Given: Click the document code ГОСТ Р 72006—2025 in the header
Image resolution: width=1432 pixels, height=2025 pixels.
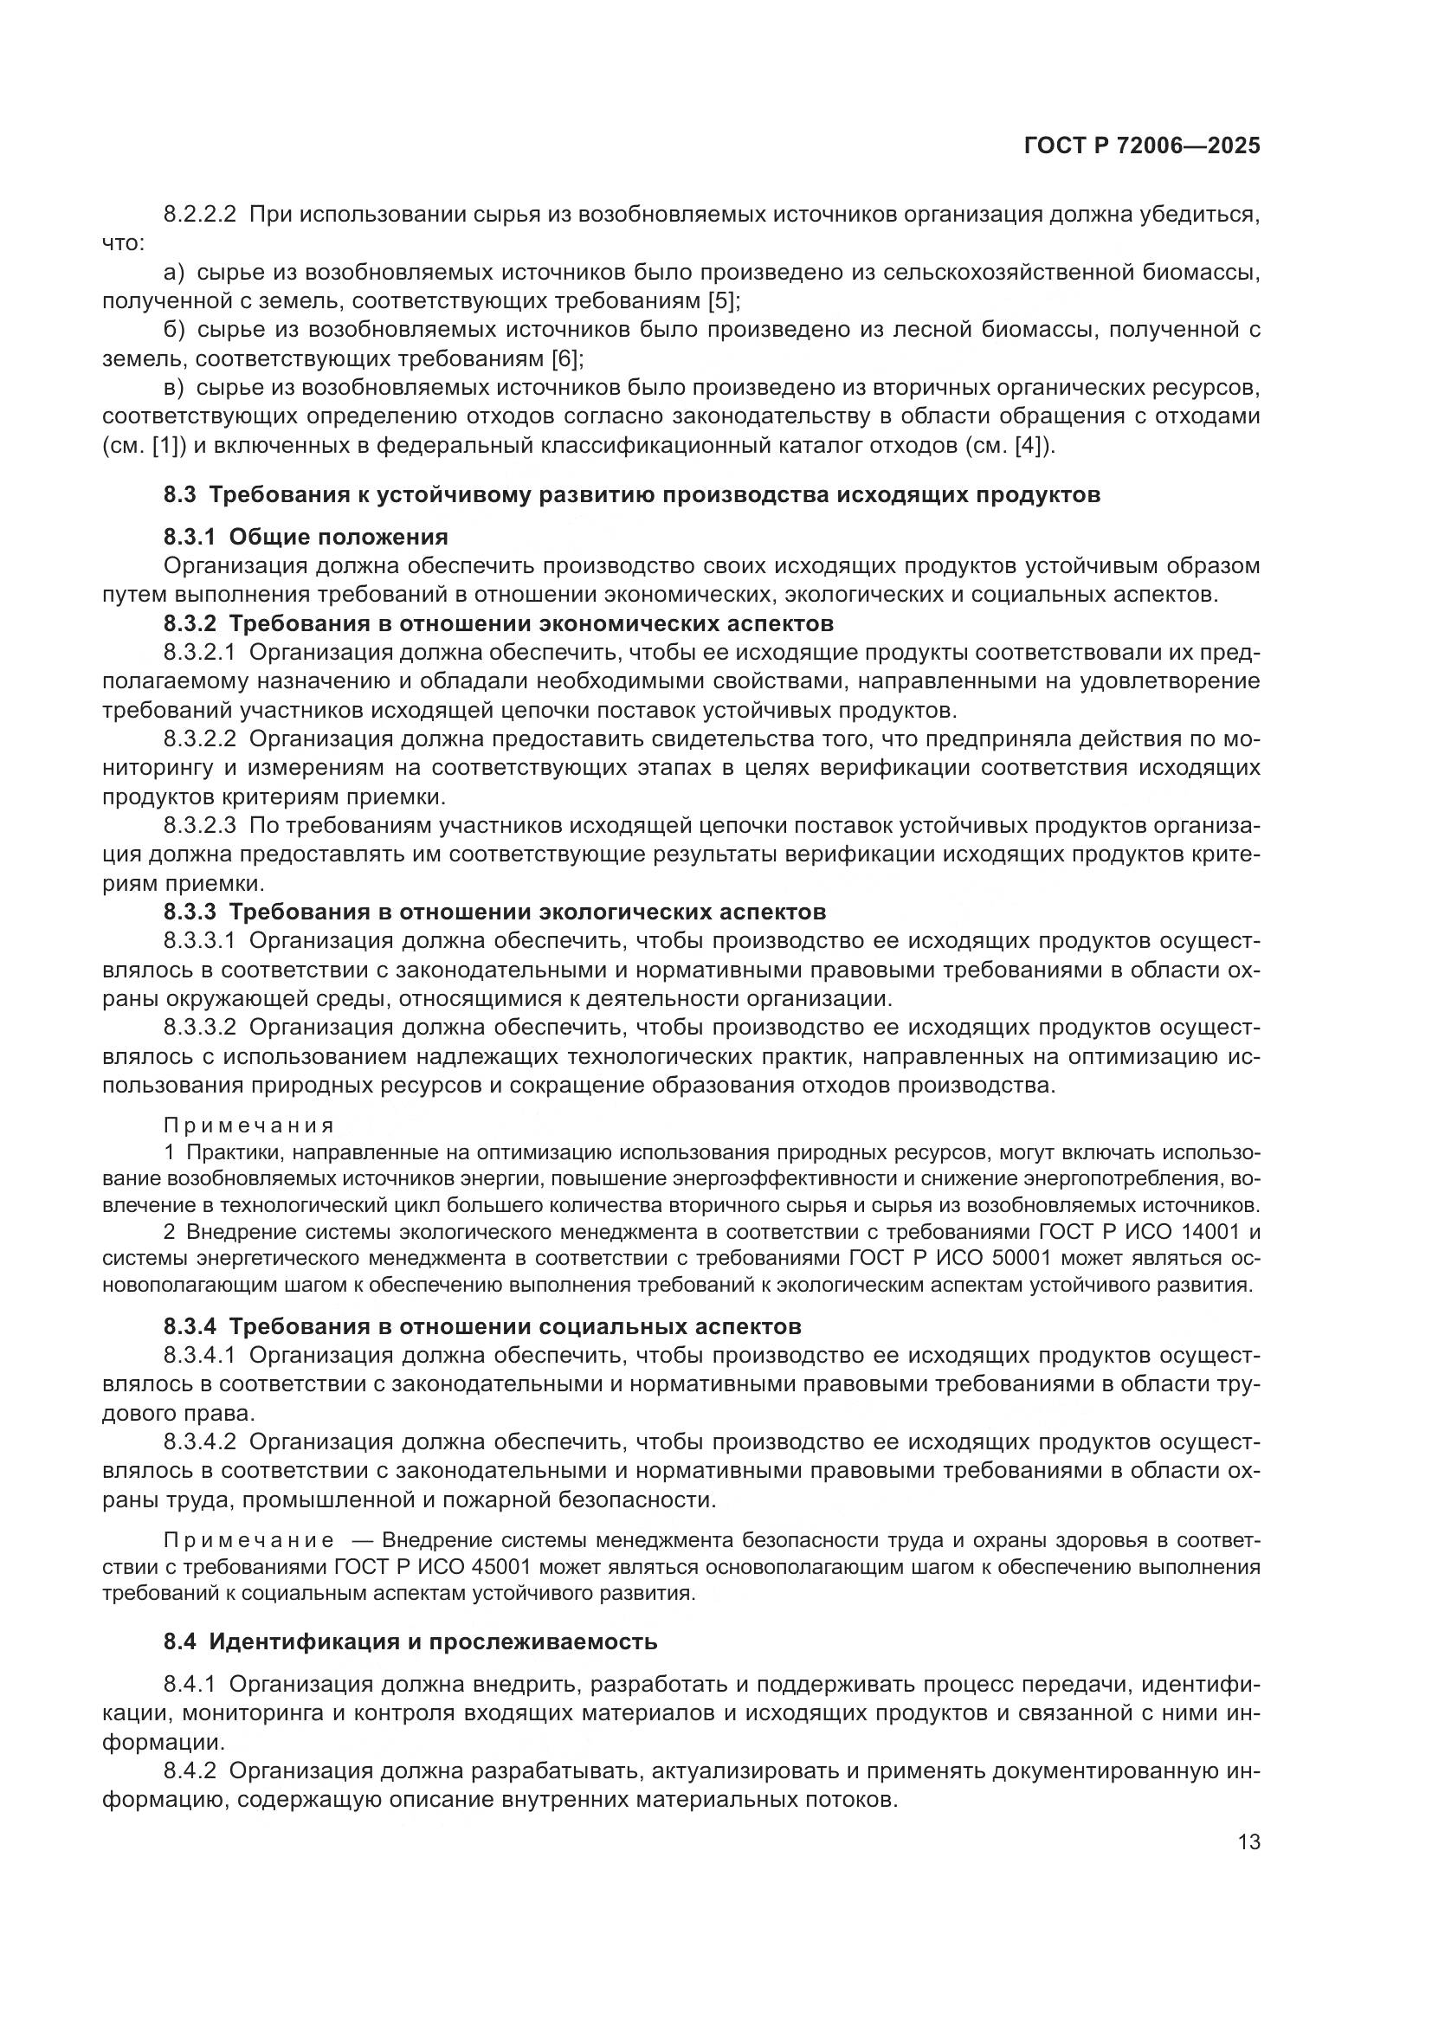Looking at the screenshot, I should [x=1142, y=146].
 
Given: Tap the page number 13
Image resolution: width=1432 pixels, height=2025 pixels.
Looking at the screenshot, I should [x=1248, y=1842].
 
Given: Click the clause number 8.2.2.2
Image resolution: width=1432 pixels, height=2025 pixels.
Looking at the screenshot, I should [x=199, y=215].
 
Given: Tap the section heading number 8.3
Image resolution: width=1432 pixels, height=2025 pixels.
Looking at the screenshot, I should [x=180, y=495].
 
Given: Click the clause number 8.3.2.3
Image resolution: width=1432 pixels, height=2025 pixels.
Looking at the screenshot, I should [x=199, y=826].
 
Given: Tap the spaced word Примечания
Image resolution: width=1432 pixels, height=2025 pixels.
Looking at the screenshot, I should [x=248, y=1125].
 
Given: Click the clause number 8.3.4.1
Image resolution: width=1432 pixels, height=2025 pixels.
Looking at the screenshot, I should [x=199, y=1356].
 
